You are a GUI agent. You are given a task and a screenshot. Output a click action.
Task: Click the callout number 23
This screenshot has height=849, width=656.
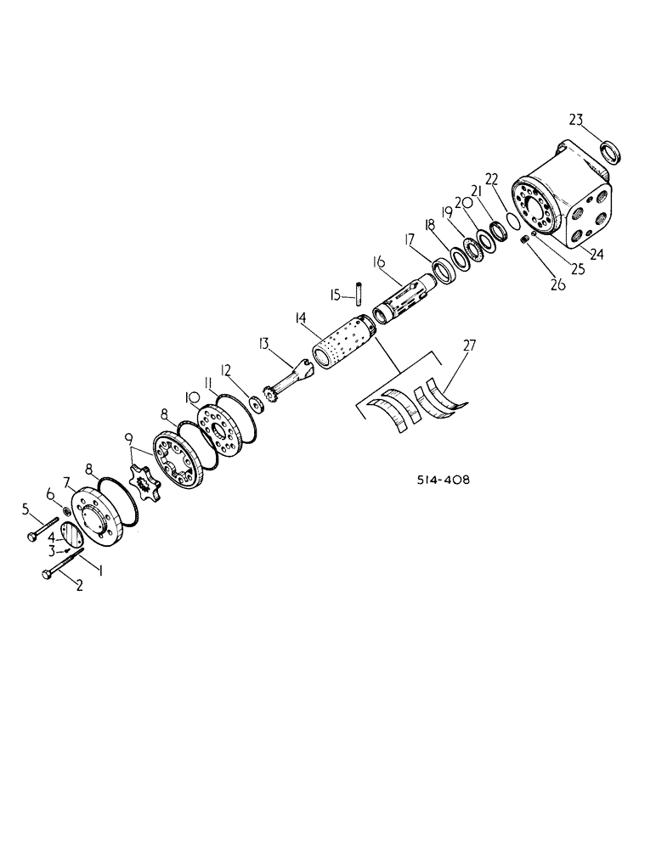[575, 121]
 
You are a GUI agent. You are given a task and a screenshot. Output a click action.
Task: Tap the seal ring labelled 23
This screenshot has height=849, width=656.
[609, 153]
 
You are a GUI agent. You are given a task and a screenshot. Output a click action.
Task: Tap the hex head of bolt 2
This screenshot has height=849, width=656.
[46, 576]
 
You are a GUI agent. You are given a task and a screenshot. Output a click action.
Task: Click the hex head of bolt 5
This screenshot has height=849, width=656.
[32, 535]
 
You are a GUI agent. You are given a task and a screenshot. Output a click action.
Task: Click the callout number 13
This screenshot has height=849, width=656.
[264, 344]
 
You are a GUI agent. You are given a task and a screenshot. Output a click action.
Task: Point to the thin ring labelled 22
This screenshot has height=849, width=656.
[512, 220]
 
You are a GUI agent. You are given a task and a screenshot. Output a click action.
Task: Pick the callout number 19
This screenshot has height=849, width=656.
[447, 213]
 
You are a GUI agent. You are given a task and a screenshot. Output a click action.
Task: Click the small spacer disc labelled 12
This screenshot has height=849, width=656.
[254, 402]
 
